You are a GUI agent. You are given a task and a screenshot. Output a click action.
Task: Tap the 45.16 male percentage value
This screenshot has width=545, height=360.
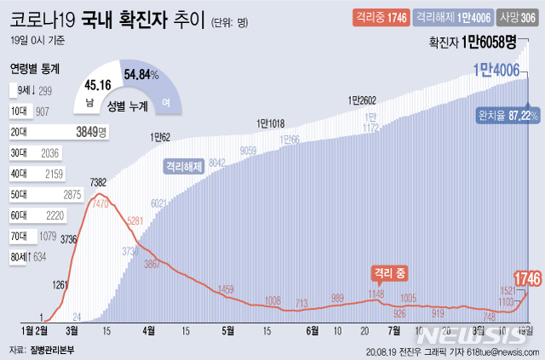[99, 84]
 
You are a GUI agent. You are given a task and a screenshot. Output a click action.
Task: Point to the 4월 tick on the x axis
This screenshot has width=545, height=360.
[150, 329]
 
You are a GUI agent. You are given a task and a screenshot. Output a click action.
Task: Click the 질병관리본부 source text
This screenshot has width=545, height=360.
[52, 350]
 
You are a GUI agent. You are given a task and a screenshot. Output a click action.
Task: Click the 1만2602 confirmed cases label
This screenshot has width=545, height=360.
[362, 100]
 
